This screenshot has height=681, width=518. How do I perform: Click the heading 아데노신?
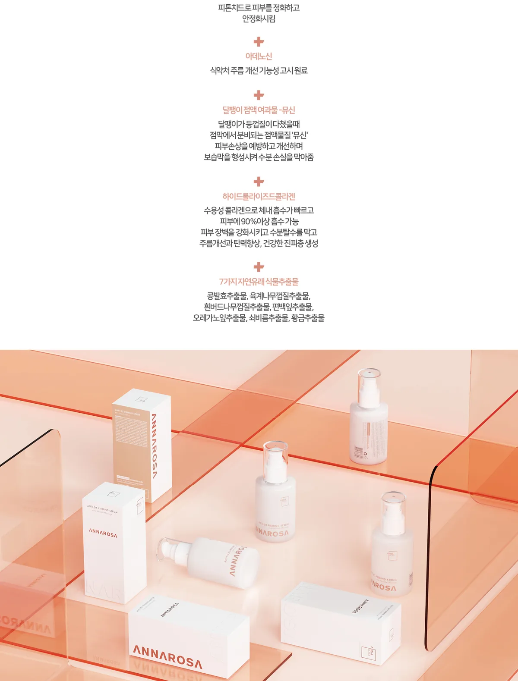point(259,56)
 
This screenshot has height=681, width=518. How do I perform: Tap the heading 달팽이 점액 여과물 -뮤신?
point(259,110)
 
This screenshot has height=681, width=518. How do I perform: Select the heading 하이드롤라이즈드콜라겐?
point(259,197)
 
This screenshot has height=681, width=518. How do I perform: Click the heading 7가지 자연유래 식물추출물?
point(259,282)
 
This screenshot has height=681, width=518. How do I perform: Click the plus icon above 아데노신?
point(259,41)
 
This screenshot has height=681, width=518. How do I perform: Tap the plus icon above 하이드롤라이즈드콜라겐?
point(259,181)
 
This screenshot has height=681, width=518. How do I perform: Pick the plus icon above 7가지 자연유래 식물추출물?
point(259,267)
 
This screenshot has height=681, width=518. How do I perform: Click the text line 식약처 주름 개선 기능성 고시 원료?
point(259,71)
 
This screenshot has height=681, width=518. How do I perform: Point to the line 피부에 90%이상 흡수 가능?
point(259,221)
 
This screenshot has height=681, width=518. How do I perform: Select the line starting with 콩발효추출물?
point(259,296)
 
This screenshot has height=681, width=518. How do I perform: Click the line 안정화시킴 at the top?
point(259,19)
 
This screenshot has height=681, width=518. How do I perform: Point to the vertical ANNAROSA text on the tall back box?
point(154,446)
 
